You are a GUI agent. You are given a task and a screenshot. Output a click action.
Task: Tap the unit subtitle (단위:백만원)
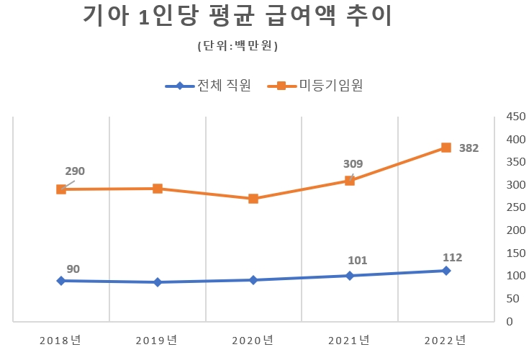tap(238, 46)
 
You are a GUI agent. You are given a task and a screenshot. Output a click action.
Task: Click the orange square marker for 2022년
tap(446, 148)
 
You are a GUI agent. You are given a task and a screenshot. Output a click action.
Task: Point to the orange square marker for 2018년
tap(61, 189)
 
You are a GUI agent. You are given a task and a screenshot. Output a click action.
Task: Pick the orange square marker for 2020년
tap(253, 198)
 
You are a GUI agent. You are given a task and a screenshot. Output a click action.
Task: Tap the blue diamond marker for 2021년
tap(350, 275)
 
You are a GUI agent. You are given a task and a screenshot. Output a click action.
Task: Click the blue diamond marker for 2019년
tap(158, 282)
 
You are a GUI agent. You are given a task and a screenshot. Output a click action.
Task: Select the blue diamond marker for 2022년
tap(446, 271)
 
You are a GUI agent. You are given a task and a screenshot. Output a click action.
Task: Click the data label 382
tap(469, 148)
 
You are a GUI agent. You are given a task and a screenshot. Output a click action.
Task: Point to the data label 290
tap(75, 171)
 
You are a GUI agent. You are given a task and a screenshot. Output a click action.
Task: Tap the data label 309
tap(353, 164)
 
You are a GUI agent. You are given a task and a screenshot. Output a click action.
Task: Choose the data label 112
tap(452, 257)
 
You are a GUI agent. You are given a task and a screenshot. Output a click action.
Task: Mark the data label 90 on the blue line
tap(73, 269)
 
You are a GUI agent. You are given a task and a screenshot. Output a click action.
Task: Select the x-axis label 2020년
tap(253, 340)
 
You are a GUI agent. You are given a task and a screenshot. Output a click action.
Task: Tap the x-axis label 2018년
tap(61, 340)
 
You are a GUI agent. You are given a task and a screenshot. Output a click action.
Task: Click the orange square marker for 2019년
tap(158, 189)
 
